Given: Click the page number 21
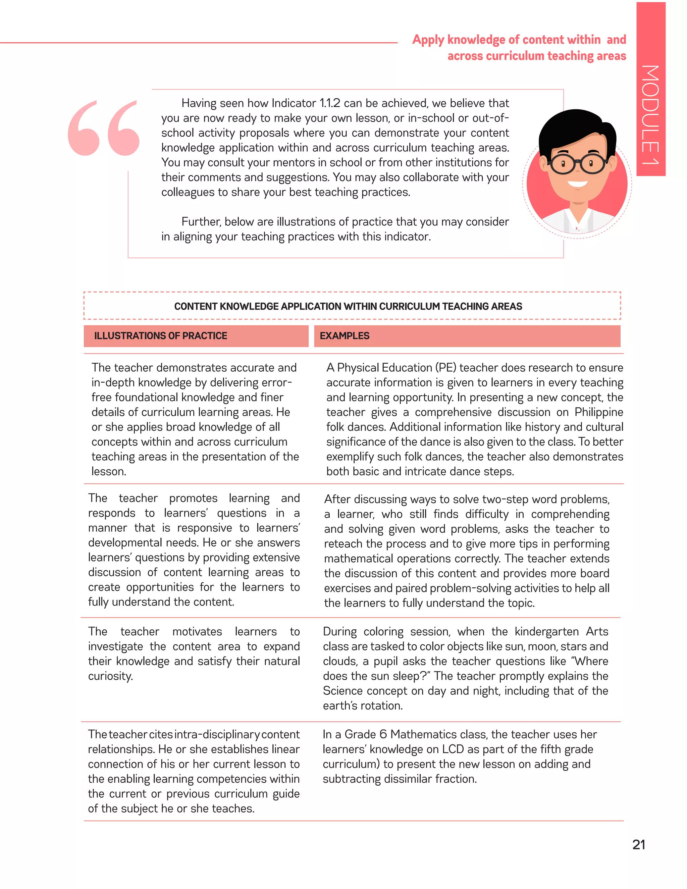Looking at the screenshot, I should [639, 845].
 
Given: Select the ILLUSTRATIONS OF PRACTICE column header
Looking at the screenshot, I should [160, 336].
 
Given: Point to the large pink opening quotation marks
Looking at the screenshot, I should [104, 128].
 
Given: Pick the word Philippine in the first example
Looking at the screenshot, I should [598, 412].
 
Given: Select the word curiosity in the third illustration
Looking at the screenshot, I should [110, 676].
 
